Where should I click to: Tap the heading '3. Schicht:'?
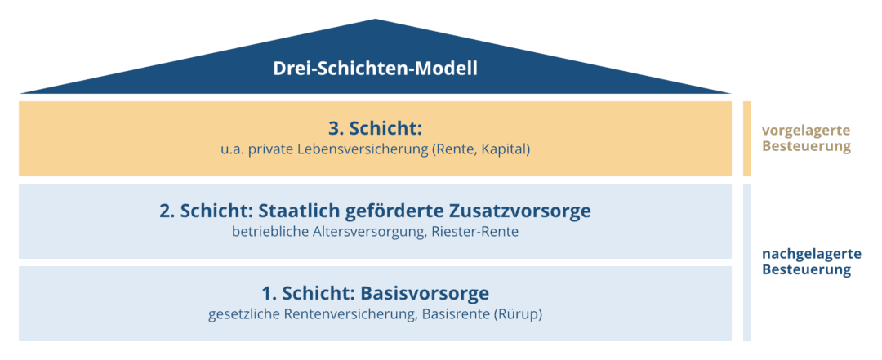(375, 129)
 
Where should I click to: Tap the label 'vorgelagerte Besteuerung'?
(806, 139)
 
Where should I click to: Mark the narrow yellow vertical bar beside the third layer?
(746, 139)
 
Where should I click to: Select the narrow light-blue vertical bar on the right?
(746, 262)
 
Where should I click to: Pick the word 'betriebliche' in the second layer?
(268, 233)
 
